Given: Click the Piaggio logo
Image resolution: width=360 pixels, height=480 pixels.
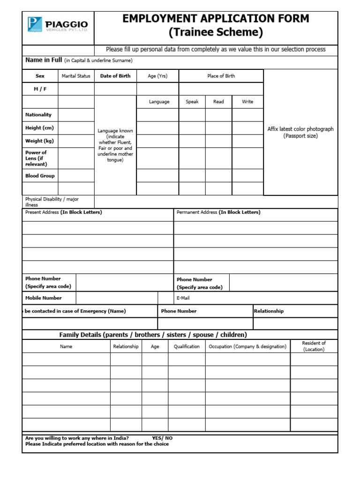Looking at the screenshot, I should point(57,24).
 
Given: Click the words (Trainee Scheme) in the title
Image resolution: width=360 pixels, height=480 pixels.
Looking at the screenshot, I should point(216,33).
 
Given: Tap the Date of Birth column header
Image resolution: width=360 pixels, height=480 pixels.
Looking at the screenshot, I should point(115,76).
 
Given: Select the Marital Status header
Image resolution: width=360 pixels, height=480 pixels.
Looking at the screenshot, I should point(76,76).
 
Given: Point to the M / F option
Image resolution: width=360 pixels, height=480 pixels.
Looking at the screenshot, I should point(40,89).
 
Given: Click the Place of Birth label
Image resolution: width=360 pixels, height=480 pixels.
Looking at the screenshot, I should point(221,76).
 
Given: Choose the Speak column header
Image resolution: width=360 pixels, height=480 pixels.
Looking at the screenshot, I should point(192,102).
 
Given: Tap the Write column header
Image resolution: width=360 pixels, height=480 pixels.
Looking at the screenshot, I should point(247,102).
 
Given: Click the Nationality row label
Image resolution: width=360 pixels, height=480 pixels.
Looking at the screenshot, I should point(38,115).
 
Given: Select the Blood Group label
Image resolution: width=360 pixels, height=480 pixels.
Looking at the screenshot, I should point(40,176).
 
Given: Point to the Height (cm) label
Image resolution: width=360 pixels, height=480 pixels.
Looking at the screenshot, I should point(39,128).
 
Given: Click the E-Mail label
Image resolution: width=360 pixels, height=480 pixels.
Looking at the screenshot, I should point(183,298).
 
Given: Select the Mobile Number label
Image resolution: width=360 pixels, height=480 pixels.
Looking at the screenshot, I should point(44,298).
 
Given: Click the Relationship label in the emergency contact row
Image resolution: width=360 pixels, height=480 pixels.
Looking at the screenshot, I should point(269,311).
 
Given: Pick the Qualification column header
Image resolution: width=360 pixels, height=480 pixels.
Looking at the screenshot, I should point(187,346).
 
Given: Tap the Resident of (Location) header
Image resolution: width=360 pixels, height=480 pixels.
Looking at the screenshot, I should point(314,346).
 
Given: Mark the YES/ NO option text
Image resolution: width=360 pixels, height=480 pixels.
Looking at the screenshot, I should point(162,438).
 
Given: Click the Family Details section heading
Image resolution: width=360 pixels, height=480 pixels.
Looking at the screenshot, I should point(153,335).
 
